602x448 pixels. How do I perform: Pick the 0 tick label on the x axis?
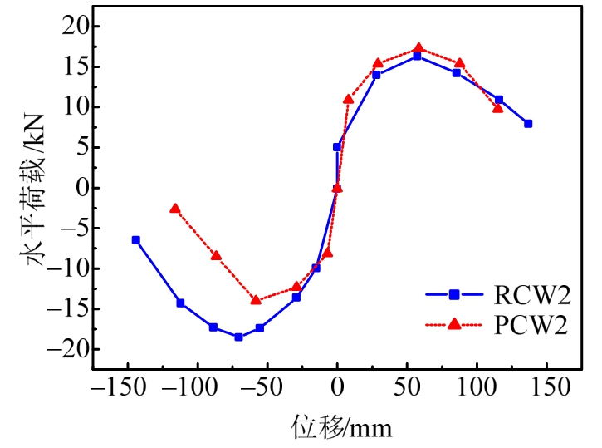coord(337,387)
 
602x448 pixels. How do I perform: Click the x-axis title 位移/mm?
coord(340,427)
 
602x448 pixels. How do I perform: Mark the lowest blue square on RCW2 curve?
coord(238,337)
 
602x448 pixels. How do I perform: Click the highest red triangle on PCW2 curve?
coord(418,48)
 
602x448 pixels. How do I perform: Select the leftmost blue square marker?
coord(135,239)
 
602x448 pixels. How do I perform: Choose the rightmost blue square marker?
coord(528,123)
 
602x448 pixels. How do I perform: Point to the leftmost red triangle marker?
coord(174,209)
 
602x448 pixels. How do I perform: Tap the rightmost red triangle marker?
coord(498,108)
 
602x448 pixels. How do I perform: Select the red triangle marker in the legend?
coord(454,325)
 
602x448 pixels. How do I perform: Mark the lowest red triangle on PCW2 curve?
coord(256,299)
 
